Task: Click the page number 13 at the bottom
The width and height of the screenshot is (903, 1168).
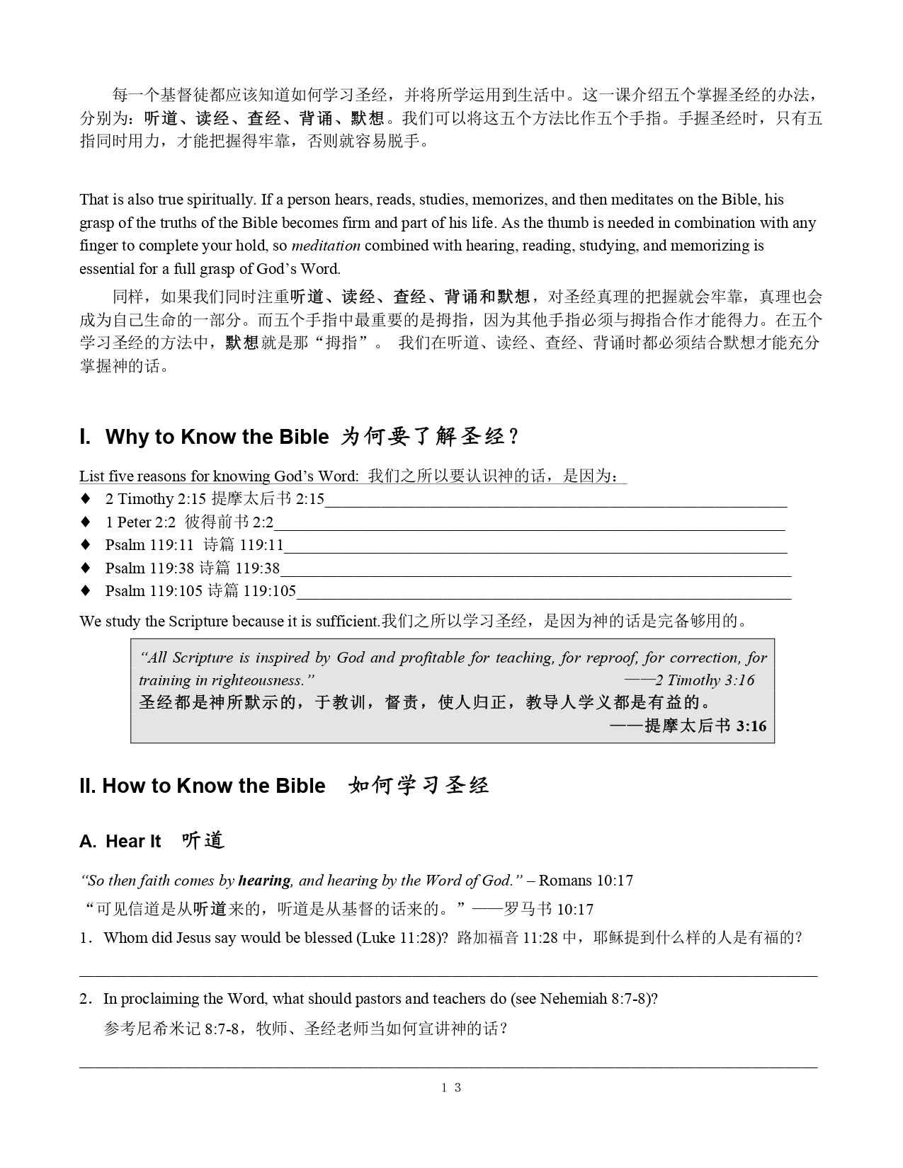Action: click(451, 1087)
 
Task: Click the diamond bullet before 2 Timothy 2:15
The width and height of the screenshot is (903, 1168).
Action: click(86, 498)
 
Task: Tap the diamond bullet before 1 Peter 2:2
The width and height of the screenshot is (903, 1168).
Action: click(86, 522)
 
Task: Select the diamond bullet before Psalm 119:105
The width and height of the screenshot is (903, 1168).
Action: click(86, 590)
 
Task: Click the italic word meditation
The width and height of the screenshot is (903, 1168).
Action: click(326, 246)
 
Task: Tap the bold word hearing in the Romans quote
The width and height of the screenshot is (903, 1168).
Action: click(264, 881)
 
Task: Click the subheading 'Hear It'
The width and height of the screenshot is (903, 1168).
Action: click(133, 842)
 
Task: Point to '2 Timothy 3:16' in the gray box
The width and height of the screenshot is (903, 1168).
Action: click(704, 680)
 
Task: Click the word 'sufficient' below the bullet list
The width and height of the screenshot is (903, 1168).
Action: click(342, 622)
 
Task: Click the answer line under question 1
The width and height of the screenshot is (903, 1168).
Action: click(448, 975)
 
